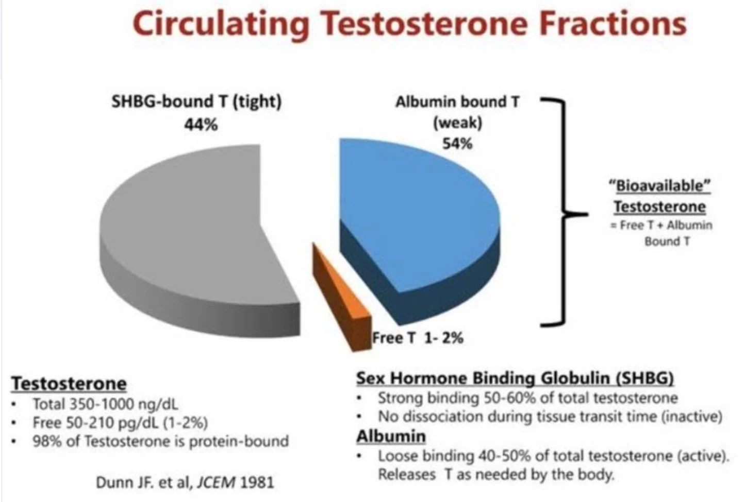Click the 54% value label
tap(457, 143)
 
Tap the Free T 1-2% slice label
tap(418, 338)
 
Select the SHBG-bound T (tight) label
tap(196, 101)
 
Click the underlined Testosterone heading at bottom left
tap(69, 384)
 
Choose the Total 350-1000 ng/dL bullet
tap(105, 404)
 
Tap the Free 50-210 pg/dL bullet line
tap(120, 423)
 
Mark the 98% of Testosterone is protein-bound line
tap(160, 441)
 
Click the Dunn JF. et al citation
tap(185, 482)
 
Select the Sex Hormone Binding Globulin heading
tap(515, 378)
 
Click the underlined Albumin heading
tap(391, 437)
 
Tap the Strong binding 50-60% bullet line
tap(527, 398)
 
